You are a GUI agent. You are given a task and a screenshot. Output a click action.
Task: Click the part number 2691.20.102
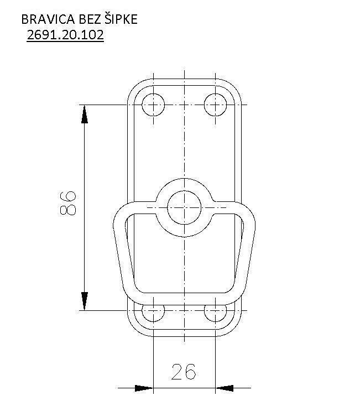click(x=65, y=35)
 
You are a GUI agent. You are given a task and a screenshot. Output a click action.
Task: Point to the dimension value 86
click(x=67, y=203)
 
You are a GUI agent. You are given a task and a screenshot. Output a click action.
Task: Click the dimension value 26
click(x=184, y=372)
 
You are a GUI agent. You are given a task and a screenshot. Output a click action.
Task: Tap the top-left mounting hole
click(x=153, y=105)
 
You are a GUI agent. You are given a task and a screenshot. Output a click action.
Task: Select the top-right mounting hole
click(x=215, y=105)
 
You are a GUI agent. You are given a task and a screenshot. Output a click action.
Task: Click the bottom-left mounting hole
click(x=153, y=313)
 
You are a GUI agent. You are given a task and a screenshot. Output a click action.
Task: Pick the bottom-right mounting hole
click(x=215, y=313)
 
